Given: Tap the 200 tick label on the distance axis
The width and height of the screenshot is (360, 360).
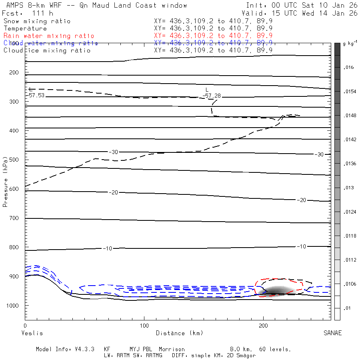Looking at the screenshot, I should (x=263, y=326).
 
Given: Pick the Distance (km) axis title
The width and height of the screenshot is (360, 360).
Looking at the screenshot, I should (x=179, y=333).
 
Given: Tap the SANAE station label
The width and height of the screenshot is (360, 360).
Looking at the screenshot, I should (x=332, y=333).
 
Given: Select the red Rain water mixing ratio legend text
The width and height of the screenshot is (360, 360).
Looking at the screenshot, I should (x=49, y=36).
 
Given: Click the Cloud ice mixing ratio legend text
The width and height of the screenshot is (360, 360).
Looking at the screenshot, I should (x=47, y=50).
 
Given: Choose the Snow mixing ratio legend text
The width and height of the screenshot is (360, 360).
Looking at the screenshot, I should (x=37, y=21).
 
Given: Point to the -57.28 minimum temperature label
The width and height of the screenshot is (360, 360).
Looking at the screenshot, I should (x=212, y=96).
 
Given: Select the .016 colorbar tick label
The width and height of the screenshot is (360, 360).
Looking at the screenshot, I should (x=349, y=68).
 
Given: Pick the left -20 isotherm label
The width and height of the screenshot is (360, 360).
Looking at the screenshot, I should (x=114, y=193).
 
